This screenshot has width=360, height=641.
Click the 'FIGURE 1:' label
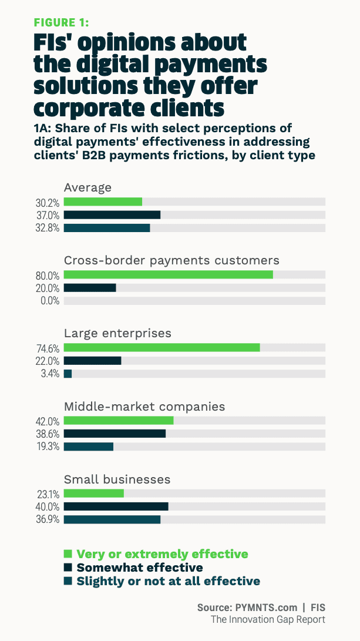coord(61,22)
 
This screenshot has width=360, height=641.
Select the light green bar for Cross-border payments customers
coord(168,274)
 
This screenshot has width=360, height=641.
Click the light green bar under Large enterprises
coord(162,347)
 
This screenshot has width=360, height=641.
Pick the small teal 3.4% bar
coord(68,374)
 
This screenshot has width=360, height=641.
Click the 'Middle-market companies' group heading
coord(144,406)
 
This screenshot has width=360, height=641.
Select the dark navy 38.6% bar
coord(115,434)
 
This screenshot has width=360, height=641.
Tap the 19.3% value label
coord(48,447)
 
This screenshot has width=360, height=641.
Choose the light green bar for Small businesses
coord(93,493)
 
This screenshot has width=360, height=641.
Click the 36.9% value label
coord(48,520)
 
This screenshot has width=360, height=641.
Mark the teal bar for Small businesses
coord(112,519)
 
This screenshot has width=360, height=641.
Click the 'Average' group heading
coord(88,187)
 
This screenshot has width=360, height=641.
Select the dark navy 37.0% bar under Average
coord(112,215)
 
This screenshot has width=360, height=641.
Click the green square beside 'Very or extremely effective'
coord(68,553)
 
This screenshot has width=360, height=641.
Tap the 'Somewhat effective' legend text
coord(140,568)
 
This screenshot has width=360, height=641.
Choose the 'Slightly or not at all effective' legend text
coord(168,581)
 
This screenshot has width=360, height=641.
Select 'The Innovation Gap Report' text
coord(268,619)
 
